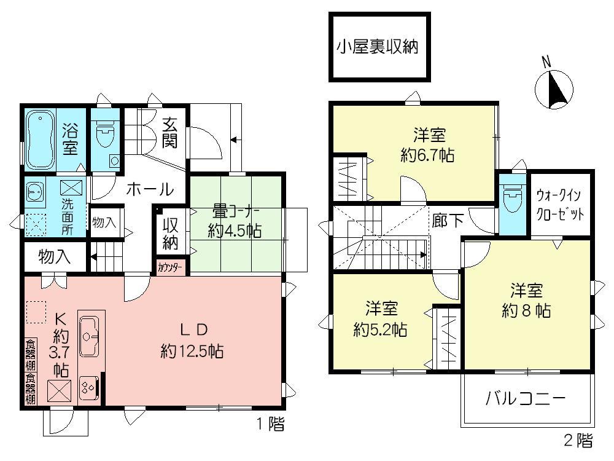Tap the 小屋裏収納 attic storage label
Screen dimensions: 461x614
(x=377, y=47)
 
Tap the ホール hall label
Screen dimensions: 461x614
(x=149, y=190)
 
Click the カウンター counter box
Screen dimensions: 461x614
(x=169, y=267)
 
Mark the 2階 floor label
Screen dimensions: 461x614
(x=578, y=440)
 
